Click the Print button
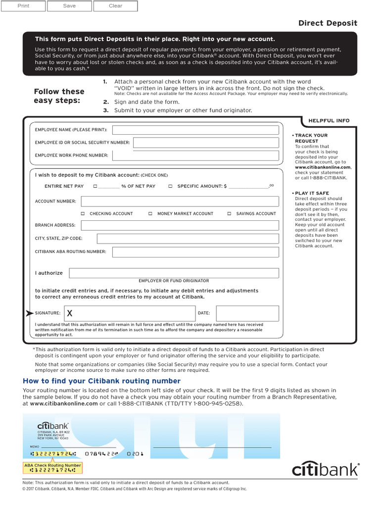point(23,6)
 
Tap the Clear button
point(115,6)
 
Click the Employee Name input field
point(195,130)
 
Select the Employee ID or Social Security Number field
point(206,143)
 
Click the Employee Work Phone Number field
point(195,155)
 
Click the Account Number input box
point(180,202)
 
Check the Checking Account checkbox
point(83,214)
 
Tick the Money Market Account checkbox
point(150,214)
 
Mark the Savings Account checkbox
point(230,214)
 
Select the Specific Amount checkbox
point(170,187)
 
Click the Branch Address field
point(180,225)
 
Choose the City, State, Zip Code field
point(188,239)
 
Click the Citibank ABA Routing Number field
point(195,252)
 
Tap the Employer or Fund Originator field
point(174,273)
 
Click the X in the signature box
point(70,313)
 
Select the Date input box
point(247,313)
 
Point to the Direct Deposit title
point(328,23)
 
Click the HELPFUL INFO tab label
point(329,120)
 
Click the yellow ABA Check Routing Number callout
point(53,468)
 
